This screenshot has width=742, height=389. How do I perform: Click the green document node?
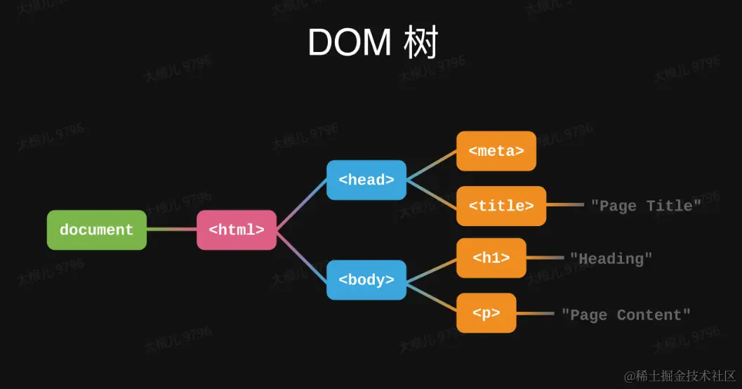[x=96, y=230]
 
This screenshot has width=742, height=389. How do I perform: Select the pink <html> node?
[x=237, y=230]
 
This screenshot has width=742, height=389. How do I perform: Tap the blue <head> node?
[x=366, y=180]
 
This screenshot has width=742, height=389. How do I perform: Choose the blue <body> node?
[x=366, y=279]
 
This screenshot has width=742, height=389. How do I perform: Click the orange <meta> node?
[x=496, y=151]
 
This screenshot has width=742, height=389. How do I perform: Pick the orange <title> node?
[x=501, y=206]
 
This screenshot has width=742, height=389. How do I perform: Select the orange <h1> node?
[x=491, y=258]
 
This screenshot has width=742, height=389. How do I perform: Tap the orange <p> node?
[x=486, y=313]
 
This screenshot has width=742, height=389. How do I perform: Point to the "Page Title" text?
[x=646, y=206]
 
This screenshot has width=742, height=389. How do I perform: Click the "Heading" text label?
[x=611, y=258]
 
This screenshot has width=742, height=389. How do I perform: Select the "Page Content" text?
[x=625, y=315]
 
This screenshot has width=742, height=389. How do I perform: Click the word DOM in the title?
[x=349, y=43]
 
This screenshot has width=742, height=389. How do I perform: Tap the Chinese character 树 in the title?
[x=420, y=43]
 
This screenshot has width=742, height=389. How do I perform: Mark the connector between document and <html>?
[x=171, y=230]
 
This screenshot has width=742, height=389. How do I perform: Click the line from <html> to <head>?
[x=302, y=204]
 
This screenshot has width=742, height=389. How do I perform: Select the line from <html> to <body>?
[x=302, y=255]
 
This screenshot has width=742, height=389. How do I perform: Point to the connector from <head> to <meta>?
[x=431, y=166]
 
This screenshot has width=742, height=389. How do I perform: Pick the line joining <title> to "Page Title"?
[x=564, y=205]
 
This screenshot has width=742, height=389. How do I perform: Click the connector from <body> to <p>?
[x=431, y=296]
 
